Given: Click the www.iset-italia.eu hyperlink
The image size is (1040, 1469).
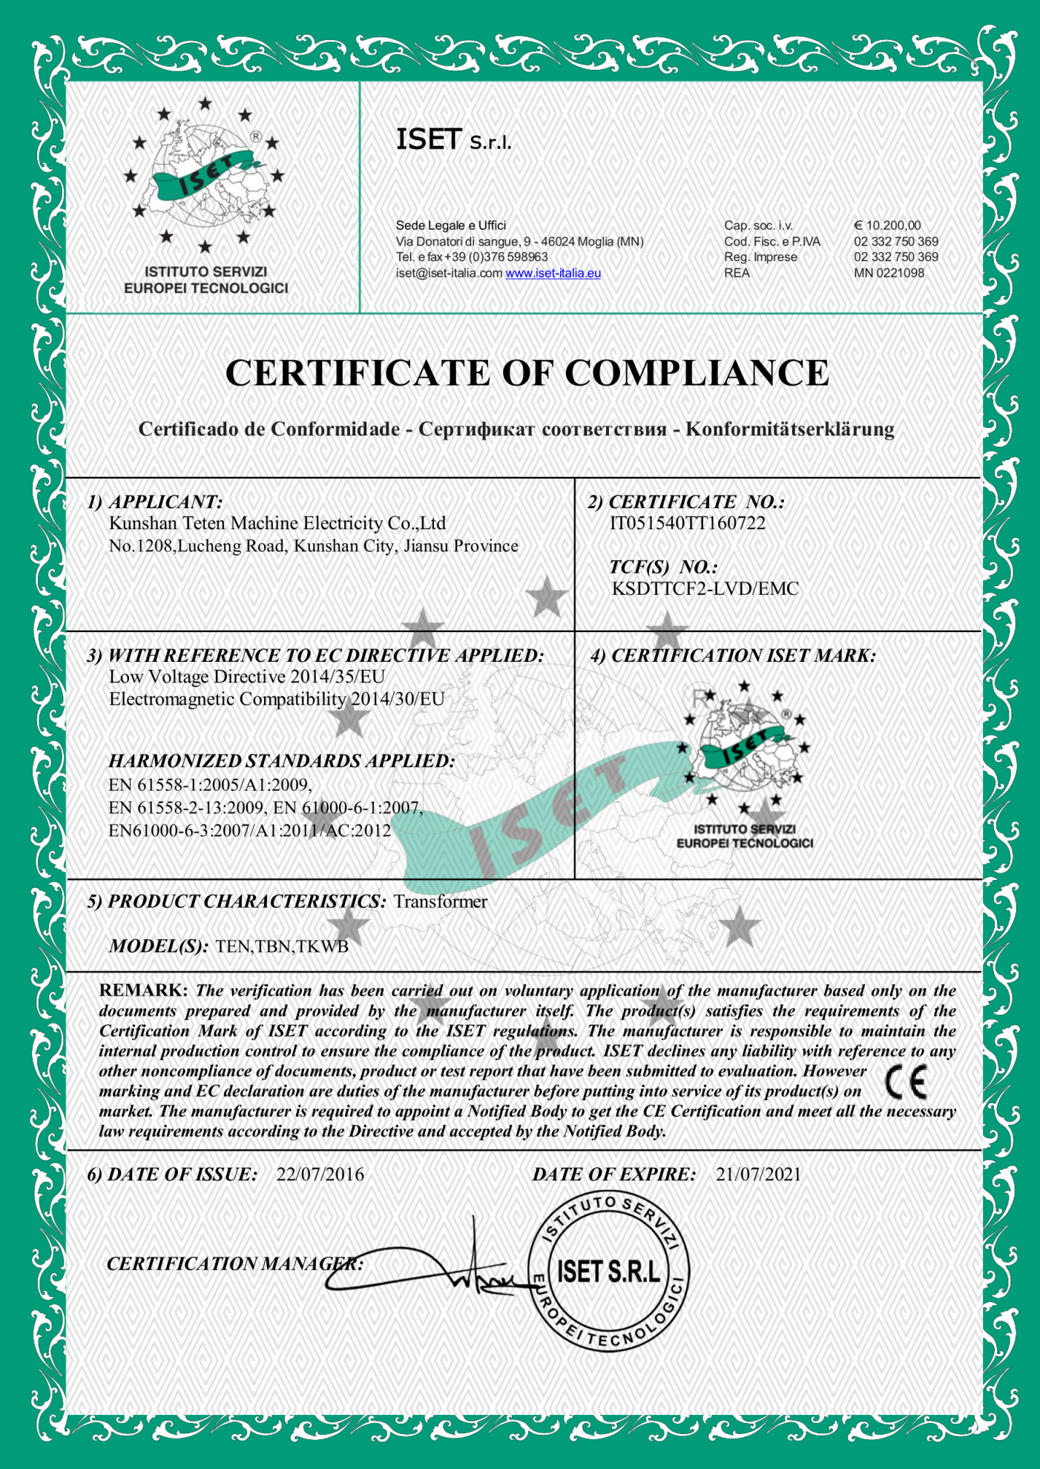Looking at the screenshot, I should (553, 273).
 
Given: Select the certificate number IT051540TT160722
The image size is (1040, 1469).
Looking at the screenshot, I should (687, 524).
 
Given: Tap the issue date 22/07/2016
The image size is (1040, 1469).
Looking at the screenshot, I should (320, 1174).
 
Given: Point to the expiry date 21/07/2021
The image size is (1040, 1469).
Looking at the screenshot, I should (758, 1174).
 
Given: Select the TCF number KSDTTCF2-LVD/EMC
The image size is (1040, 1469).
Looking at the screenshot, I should (705, 589).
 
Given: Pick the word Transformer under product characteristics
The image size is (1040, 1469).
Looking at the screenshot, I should (440, 901).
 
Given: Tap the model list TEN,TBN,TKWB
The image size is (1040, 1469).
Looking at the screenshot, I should (281, 947).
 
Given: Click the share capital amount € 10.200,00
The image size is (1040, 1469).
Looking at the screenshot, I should (887, 226).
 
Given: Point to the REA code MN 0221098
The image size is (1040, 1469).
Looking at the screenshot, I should (889, 273).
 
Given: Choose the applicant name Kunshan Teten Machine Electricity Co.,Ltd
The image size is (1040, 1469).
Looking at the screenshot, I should (277, 524).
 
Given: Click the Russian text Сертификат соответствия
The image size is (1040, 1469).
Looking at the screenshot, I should (542, 430).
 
